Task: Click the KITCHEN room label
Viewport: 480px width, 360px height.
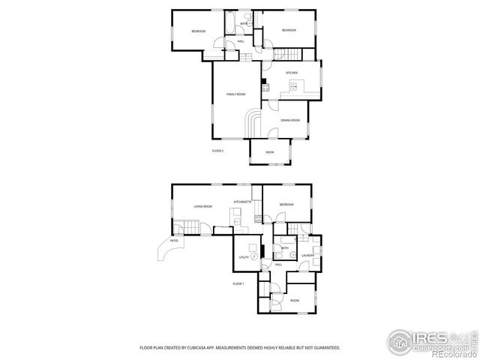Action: (291, 73)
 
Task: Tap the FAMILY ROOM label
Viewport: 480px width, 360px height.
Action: (236, 94)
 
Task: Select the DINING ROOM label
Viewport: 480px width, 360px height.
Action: (290, 121)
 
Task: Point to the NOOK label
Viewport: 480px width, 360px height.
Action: (269, 153)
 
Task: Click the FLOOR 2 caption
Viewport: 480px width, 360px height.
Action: (217, 151)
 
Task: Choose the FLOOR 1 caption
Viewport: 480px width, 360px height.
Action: (238, 283)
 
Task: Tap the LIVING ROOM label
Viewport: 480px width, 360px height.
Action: (202, 206)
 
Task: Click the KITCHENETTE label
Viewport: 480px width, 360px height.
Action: (242, 202)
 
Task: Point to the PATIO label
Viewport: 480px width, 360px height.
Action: (174, 241)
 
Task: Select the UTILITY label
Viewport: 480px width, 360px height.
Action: (244, 257)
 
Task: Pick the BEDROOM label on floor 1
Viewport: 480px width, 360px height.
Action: (286, 205)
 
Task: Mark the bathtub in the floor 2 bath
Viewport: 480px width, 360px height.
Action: (228, 20)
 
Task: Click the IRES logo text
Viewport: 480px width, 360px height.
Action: (430, 338)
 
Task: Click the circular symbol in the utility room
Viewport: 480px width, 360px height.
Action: (255, 256)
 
